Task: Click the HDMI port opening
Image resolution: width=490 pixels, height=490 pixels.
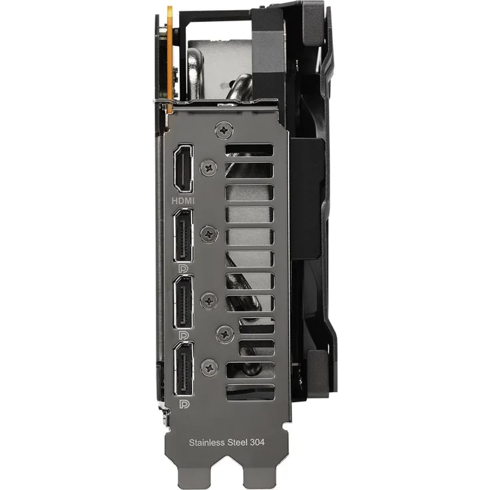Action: (x=184, y=168)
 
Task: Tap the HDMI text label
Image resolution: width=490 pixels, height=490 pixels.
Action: (x=183, y=201)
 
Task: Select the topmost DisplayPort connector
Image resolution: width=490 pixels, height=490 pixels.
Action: (x=184, y=235)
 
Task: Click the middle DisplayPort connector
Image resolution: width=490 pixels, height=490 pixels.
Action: (x=184, y=302)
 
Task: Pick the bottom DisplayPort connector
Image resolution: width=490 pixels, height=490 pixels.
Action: (x=184, y=369)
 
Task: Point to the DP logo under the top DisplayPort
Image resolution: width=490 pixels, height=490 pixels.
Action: (x=182, y=268)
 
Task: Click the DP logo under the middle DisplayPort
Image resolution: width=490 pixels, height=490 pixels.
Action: (x=184, y=336)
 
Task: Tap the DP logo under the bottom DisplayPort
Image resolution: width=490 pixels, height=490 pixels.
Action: (x=184, y=404)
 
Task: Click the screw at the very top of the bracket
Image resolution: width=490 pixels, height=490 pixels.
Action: (x=224, y=130)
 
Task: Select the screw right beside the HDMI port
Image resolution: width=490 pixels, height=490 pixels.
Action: (x=209, y=168)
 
